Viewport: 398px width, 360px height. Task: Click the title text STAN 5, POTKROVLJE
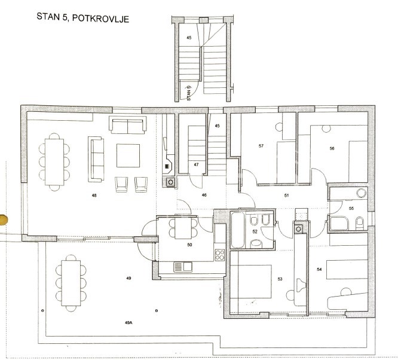tap(82, 18)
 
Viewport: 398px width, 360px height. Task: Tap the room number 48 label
tap(94, 196)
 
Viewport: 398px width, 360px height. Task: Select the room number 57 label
tap(261, 146)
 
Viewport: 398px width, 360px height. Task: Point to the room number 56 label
tap(332, 148)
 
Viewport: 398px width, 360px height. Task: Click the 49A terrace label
tap(128, 323)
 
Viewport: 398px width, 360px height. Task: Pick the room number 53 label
tap(280, 279)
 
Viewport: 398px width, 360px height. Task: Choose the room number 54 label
tap(319, 269)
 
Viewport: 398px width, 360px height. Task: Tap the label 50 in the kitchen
tap(189, 245)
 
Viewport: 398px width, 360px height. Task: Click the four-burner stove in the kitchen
tap(220, 255)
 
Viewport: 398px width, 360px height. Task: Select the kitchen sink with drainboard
tap(183, 267)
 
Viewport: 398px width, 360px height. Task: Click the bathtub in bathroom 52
tap(238, 230)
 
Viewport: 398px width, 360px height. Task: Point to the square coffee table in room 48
tap(128, 155)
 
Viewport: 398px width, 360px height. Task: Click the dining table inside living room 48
tap(54, 162)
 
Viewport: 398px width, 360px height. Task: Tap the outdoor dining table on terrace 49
tap(71, 283)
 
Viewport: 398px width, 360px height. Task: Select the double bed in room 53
tap(251, 282)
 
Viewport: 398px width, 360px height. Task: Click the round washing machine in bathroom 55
tap(361, 193)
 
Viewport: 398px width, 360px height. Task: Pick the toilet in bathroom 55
tap(360, 223)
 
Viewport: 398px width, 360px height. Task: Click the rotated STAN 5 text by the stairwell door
tap(189, 93)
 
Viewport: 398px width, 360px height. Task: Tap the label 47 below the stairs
tap(196, 164)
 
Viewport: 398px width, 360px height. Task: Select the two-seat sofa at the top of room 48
tap(128, 125)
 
